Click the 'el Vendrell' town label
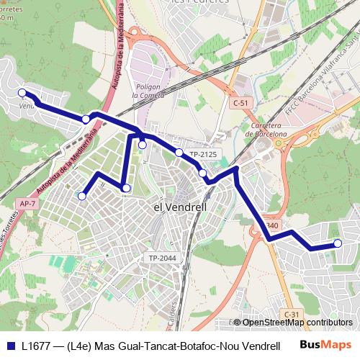(181, 207)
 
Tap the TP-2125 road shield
(202, 155)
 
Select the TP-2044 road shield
(163, 258)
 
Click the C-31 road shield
(292, 315)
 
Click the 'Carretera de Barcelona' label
(266, 129)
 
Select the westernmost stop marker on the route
(22, 92)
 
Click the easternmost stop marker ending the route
(336, 243)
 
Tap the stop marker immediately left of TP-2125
(179, 152)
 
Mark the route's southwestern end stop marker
(82, 195)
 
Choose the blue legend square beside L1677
(11, 346)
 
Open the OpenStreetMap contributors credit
(297, 323)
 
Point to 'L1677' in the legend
(37, 346)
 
